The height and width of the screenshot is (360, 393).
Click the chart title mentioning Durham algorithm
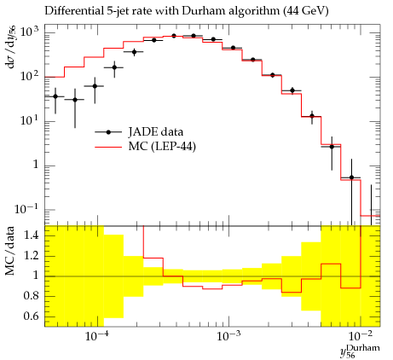tap(187, 11)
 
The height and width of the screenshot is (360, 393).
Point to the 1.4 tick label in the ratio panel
tap(32, 235)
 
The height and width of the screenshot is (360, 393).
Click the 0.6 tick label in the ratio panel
tap(32, 316)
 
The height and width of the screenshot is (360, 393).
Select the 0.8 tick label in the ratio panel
tap(32, 296)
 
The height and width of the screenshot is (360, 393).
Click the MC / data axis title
tap(9, 251)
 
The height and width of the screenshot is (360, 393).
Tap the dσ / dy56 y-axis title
tap(11, 47)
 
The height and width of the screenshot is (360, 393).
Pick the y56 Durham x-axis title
tap(360, 351)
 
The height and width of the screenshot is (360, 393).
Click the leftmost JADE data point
tap(55, 96)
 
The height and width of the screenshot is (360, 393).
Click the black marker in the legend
tap(108, 132)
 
